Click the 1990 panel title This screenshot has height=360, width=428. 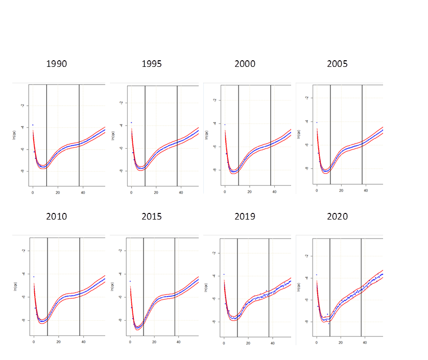pyautogui.click(x=56, y=64)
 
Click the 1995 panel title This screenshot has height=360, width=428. pyautogui.click(x=152, y=64)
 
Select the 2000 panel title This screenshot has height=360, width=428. pyautogui.click(x=245, y=64)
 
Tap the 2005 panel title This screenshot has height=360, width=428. pyautogui.click(x=338, y=64)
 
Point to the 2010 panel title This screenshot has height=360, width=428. pyautogui.click(x=56, y=216)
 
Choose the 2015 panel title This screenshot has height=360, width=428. pyautogui.click(x=152, y=216)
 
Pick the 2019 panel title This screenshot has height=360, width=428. pyautogui.click(x=245, y=216)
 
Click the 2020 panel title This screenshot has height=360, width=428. pyautogui.click(x=338, y=216)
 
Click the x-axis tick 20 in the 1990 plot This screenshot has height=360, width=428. pyautogui.click(x=58, y=193)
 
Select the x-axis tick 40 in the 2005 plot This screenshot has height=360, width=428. pyautogui.click(x=366, y=191)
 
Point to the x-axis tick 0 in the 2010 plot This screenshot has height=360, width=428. pyautogui.click(x=34, y=342)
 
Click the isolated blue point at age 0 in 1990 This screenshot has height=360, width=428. pyautogui.click(x=33, y=125)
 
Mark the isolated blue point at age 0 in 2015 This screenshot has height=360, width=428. pyautogui.click(x=130, y=281)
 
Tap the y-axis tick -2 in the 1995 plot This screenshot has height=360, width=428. pyautogui.click(x=120, y=103)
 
